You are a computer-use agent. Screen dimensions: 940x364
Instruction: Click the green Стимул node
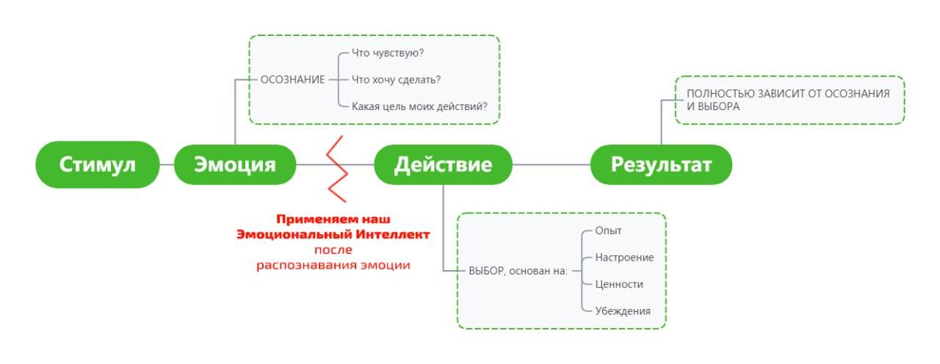tap(98, 164)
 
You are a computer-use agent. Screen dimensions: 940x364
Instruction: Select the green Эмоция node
tap(235, 164)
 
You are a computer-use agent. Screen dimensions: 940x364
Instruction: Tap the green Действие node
tap(443, 164)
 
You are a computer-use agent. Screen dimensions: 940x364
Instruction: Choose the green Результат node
tap(662, 164)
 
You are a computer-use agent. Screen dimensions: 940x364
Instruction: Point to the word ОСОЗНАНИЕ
tap(292, 80)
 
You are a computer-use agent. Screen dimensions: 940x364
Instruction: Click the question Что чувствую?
tap(388, 53)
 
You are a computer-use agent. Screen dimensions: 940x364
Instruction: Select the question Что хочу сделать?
tap(396, 80)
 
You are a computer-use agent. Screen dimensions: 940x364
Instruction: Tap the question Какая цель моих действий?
tap(419, 106)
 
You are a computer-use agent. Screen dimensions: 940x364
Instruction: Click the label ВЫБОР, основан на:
tap(518, 271)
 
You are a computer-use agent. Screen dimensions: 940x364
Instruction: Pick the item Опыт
tap(608, 231)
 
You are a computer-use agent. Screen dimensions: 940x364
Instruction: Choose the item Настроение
tap(624, 258)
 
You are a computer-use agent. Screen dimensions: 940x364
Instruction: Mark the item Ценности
tap(619, 284)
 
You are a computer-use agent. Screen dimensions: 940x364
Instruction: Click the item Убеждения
tap(623, 311)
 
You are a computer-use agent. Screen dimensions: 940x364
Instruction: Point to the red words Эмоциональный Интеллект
tap(333, 234)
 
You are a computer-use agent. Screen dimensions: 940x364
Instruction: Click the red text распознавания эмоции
tap(333, 265)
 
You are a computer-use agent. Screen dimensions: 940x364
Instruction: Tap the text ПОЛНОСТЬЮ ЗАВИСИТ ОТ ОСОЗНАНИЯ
tap(788, 93)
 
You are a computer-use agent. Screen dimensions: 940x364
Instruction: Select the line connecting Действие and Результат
tap(552, 165)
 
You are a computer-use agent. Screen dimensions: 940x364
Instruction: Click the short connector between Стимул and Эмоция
tap(167, 165)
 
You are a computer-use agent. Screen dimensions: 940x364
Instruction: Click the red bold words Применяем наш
tap(333, 219)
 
